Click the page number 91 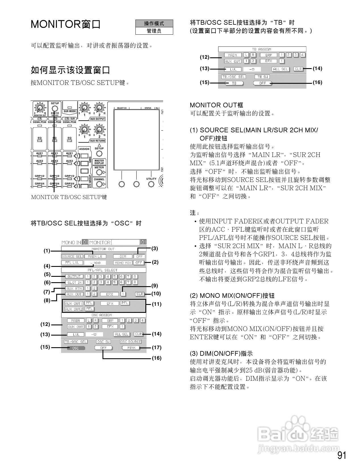tap(342, 455)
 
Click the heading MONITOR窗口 tap(66, 24)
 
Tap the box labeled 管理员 tap(154, 31)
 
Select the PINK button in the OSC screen tap(131, 348)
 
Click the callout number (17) tap(156, 347)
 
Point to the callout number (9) tap(154, 286)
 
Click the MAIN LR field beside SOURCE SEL tap(95, 256)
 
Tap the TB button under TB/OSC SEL tap(234, 83)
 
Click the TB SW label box tap(262, 77)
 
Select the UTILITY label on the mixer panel tap(151, 179)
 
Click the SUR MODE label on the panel tap(70, 111)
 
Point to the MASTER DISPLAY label tap(99, 162)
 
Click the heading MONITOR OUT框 tap(216, 105)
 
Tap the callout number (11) tap(156, 304)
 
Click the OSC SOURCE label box tap(131, 342)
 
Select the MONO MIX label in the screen tap(123, 263)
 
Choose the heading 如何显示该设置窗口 tap(70, 70)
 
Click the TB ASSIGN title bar tap(262, 49)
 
